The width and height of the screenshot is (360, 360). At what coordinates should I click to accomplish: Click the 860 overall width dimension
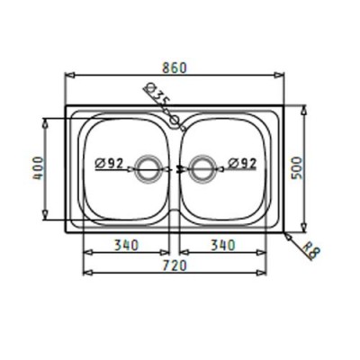pyautogui.click(x=175, y=67)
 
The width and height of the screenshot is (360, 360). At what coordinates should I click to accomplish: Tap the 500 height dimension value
pyautogui.click(x=297, y=167)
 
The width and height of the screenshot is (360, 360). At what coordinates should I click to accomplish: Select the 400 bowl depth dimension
pyautogui.click(x=38, y=167)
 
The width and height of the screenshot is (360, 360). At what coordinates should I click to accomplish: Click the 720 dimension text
pyautogui.click(x=175, y=265)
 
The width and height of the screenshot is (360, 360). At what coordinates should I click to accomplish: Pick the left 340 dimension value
pyautogui.click(x=126, y=245)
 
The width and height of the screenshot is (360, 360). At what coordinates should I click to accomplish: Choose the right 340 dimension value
pyautogui.click(x=223, y=245)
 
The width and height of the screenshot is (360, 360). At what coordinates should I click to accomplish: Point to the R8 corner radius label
pyautogui.click(x=312, y=250)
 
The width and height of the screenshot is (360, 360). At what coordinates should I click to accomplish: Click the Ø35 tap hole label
pyautogui.click(x=157, y=94)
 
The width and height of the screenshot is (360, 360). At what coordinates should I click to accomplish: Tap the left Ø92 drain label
pyautogui.click(x=109, y=164)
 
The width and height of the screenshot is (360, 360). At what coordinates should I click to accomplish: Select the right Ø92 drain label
pyautogui.click(x=242, y=164)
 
